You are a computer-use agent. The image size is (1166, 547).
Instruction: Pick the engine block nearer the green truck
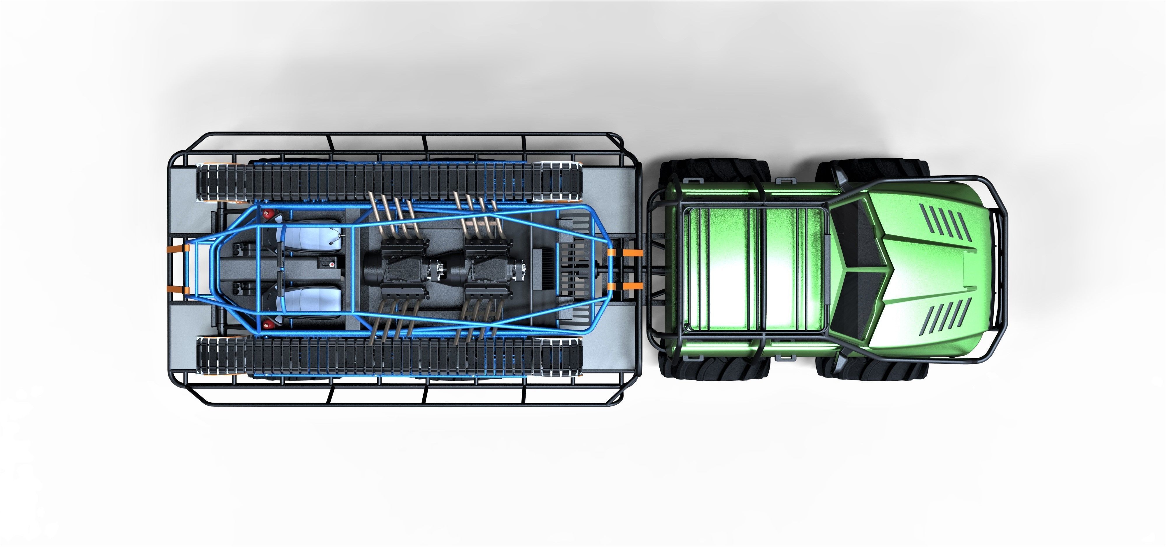pos(489,268)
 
